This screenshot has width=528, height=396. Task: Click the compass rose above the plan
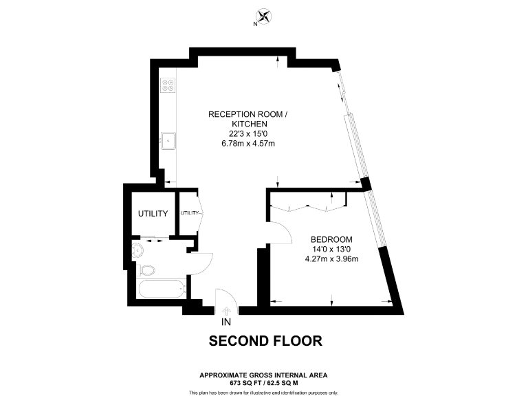point(263,17)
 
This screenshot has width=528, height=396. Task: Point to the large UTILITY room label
point(153,214)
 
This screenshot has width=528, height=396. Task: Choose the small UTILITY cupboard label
point(190,213)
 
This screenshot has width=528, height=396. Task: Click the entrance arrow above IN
point(226,311)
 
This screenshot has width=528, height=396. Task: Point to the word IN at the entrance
point(226,322)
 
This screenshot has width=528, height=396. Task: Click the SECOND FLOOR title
point(265,341)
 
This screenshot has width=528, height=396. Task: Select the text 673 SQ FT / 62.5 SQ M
point(263,382)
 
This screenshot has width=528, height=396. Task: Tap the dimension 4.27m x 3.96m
point(332,259)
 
